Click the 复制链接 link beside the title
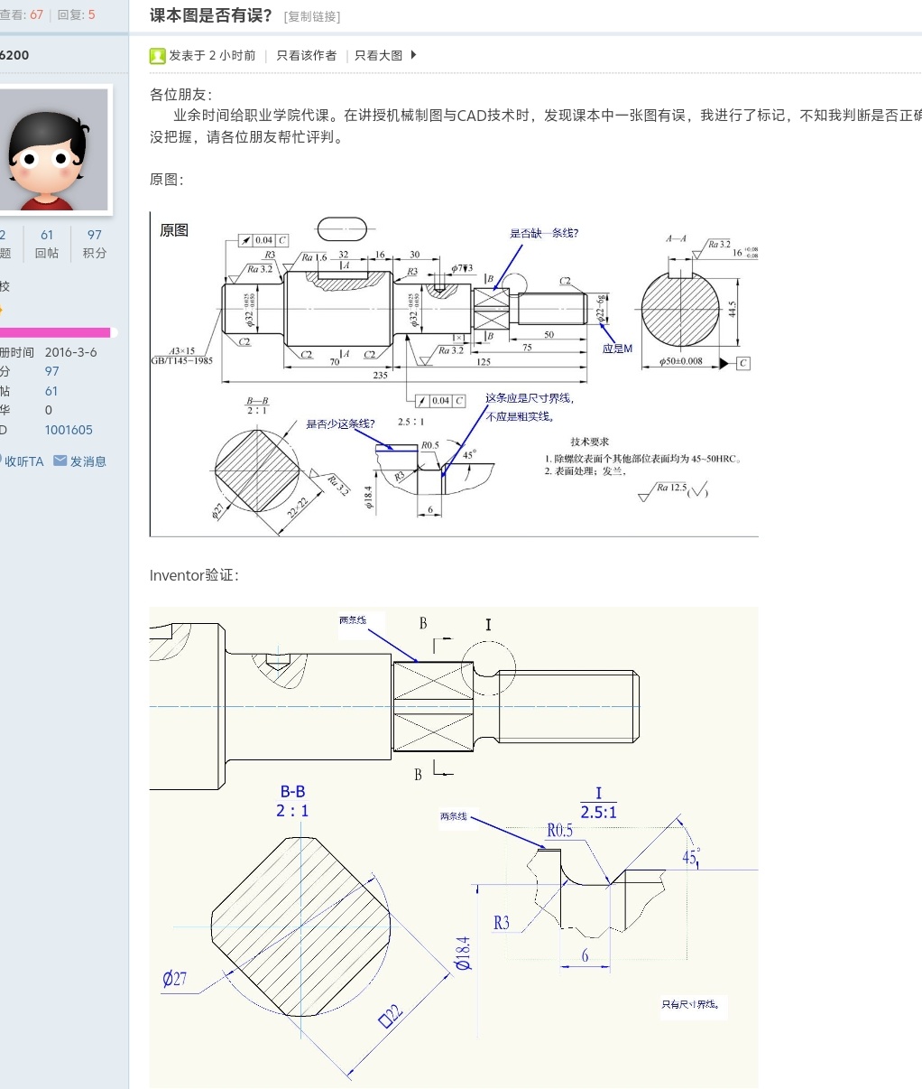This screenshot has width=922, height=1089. (x=312, y=17)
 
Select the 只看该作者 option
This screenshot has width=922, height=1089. (x=306, y=56)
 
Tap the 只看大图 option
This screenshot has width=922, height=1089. (x=379, y=56)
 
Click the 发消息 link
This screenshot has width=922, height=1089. (x=88, y=461)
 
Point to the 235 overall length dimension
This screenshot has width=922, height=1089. (x=381, y=375)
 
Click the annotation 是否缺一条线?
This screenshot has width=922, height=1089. (x=544, y=233)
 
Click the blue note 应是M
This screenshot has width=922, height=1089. (x=618, y=349)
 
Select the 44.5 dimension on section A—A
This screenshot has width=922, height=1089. (x=732, y=309)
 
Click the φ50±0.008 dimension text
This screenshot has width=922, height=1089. (x=681, y=361)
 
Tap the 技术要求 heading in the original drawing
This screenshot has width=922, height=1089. (x=589, y=442)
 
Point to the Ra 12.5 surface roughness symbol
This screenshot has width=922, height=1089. (x=671, y=489)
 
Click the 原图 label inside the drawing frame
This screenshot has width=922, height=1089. (x=174, y=230)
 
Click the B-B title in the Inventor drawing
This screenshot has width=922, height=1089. (x=292, y=792)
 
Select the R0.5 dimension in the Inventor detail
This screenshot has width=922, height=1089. (x=559, y=830)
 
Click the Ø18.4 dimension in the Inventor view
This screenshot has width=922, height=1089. (x=463, y=953)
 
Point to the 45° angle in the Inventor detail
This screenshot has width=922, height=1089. (x=691, y=856)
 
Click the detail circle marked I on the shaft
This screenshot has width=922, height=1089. (x=488, y=670)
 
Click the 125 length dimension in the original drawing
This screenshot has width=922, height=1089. (x=484, y=361)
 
